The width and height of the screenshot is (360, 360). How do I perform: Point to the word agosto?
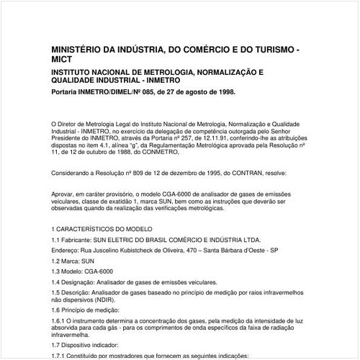coord(191,93)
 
